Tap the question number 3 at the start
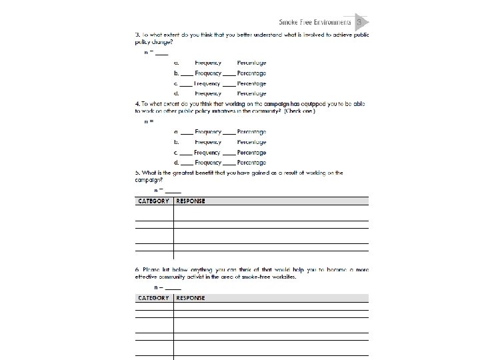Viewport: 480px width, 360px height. click(x=137, y=35)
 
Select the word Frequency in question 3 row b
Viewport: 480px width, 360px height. click(x=208, y=73)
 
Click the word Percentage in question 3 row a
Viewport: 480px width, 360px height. click(x=251, y=63)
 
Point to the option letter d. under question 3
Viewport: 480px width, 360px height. click(x=176, y=94)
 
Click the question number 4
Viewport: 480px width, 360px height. click(x=137, y=104)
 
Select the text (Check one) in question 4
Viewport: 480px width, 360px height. click(x=299, y=111)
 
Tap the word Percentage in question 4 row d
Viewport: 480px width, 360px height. click(x=251, y=163)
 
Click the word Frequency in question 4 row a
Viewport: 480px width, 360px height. click(x=208, y=132)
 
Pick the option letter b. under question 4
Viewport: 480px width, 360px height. click(x=176, y=142)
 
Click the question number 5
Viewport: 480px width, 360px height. click(x=137, y=173)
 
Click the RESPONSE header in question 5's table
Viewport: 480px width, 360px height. click(x=191, y=201)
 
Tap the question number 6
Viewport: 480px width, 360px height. click(x=137, y=269)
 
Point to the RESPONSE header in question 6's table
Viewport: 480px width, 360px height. click(x=191, y=298)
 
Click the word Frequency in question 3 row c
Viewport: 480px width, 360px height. click(x=207, y=84)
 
